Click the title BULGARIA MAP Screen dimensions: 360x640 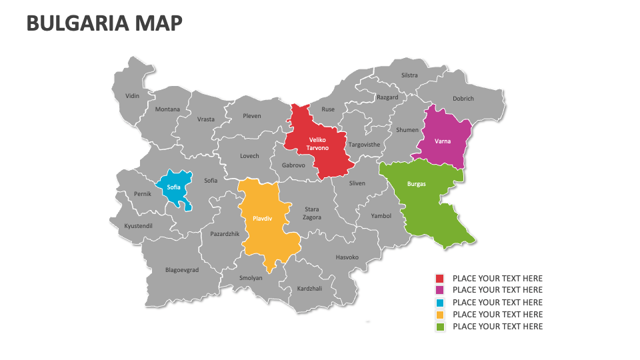click(104, 23)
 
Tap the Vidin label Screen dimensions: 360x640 click(133, 96)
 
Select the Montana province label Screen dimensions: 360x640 click(167, 109)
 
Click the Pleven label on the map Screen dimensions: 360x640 click(252, 116)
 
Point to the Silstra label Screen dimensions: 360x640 click(409, 75)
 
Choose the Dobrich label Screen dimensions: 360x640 click(463, 99)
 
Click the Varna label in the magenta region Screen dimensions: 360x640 click(443, 141)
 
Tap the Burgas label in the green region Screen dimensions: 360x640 click(416, 183)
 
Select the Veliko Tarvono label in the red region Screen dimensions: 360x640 click(317, 143)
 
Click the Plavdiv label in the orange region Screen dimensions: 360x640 click(262, 218)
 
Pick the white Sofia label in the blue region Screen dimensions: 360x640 click(173, 187)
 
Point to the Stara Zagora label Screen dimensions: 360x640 click(312, 213)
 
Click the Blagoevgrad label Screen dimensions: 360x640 click(182, 270)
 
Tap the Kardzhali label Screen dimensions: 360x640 click(310, 288)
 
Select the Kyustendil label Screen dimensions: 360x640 click(139, 226)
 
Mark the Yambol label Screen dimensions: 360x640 click(381, 216)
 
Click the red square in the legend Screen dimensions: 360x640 click(440, 279)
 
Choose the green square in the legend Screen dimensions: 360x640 click(440, 327)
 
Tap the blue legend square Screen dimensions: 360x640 click(440, 303)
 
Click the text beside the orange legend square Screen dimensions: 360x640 click(497, 315)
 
